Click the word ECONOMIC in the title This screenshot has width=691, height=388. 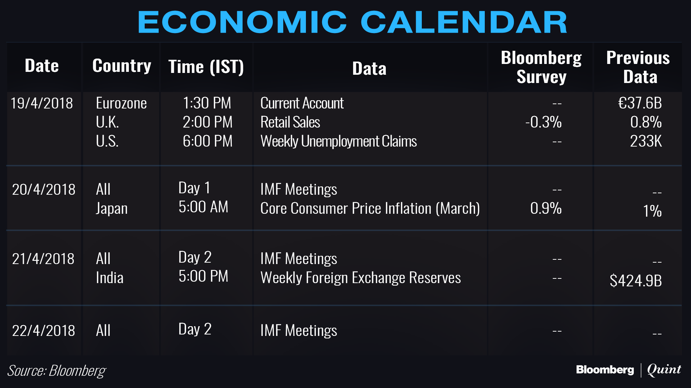[x=242, y=22]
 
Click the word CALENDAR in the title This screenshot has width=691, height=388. [x=464, y=22]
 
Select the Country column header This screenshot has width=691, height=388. [x=122, y=66]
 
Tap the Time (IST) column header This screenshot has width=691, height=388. [x=206, y=67]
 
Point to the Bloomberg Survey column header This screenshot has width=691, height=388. [x=541, y=67]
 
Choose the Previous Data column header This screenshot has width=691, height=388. [x=638, y=67]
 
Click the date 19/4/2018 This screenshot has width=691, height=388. [x=42, y=103]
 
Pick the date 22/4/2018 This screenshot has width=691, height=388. [x=44, y=331]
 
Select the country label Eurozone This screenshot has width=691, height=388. [x=121, y=103]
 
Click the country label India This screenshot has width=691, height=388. [x=110, y=278]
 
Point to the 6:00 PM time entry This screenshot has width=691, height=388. [x=208, y=141]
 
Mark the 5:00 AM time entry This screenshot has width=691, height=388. [x=203, y=207]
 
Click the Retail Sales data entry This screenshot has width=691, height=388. [x=290, y=122]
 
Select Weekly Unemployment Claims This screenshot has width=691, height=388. [x=339, y=142]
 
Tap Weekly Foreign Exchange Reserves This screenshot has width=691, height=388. [x=361, y=278]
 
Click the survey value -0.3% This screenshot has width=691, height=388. [x=543, y=122]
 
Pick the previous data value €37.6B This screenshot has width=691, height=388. [x=640, y=103]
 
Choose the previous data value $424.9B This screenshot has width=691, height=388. [x=636, y=281]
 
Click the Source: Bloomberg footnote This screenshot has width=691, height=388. [x=57, y=371]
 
